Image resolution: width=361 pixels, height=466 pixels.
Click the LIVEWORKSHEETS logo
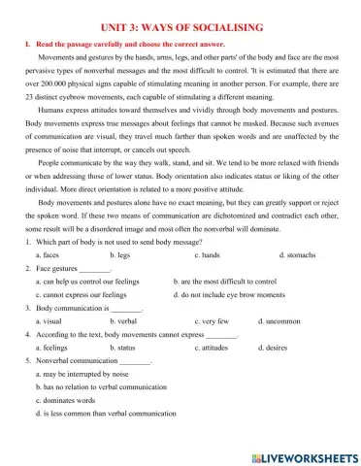pyautogui.click(x=298, y=455)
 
